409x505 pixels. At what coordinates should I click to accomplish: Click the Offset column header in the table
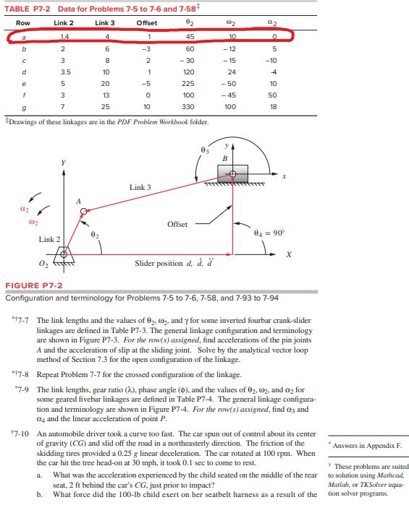pyautogui.click(x=148, y=23)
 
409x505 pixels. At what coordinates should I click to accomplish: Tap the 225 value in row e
pyautogui.click(x=190, y=83)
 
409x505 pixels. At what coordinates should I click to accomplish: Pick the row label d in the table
pyautogui.click(x=25, y=72)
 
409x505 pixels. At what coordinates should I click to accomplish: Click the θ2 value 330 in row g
pyautogui.click(x=190, y=106)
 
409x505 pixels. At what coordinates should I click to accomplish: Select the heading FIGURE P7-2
pyautogui.click(x=30, y=285)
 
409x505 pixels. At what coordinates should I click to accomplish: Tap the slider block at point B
pyautogui.click(x=233, y=173)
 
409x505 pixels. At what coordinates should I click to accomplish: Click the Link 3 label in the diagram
pyautogui.click(x=140, y=188)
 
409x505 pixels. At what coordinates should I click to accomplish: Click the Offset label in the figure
pyautogui.click(x=177, y=224)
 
